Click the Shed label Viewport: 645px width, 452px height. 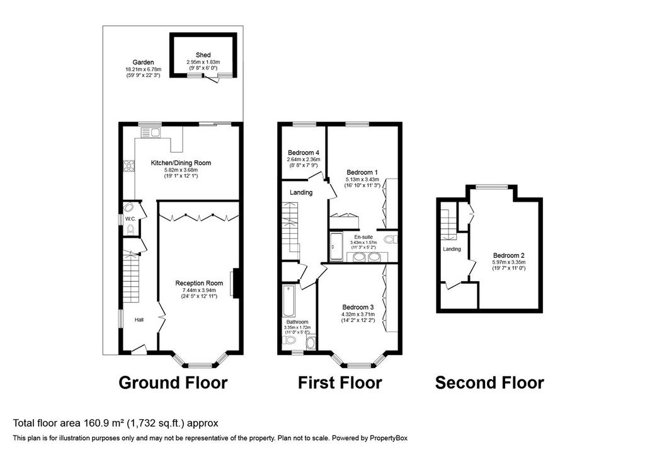click(x=203, y=55)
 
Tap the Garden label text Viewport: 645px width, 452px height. click(x=143, y=62)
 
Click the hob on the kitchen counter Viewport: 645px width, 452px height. click(x=128, y=166)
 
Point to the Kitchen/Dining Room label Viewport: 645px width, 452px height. click(x=181, y=163)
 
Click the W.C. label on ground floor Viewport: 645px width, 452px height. click(x=130, y=219)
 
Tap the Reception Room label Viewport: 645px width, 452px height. click(x=199, y=283)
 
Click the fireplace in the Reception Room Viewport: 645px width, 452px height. click(x=236, y=283)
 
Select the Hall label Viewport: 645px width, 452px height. click(x=139, y=320)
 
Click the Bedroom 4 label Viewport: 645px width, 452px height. click(x=304, y=153)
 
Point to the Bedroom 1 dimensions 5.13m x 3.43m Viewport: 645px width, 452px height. click(x=362, y=180)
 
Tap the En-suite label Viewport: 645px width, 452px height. click(x=363, y=236)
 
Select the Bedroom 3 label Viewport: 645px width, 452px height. click(x=358, y=307)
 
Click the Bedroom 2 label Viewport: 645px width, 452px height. click(x=509, y=255)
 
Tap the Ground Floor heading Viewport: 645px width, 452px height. click(x=173, y=383)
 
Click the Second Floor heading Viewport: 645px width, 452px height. click(x=489, y=383)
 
